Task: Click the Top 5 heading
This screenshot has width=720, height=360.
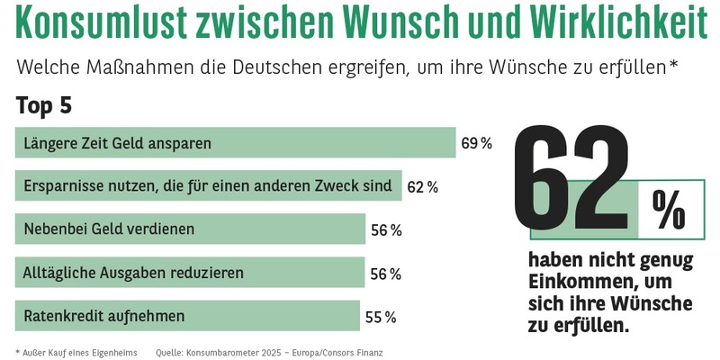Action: tap(43, 106)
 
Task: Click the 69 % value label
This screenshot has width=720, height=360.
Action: tap(476, 143)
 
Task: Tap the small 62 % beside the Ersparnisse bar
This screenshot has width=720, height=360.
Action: tap(422, 187)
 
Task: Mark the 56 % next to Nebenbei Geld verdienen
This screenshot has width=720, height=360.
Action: tap(386, 230)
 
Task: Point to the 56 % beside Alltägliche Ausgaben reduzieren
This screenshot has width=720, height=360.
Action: tap(386, 274)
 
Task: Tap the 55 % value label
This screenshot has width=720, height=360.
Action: tap(381, 317)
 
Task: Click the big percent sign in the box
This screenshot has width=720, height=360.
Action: tap(667, 212)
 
